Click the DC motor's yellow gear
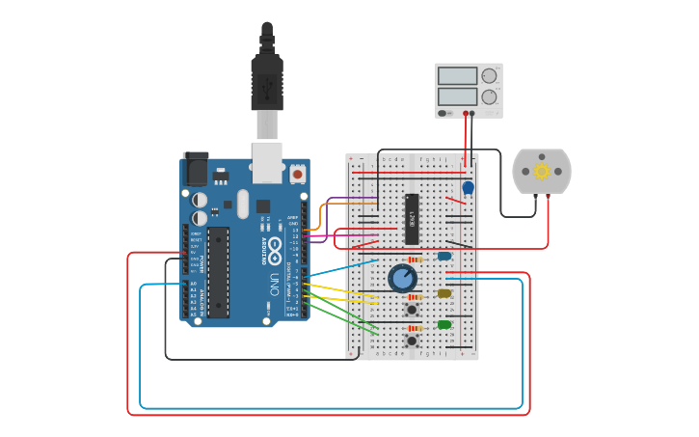542,172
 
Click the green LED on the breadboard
444,324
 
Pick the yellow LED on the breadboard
444,293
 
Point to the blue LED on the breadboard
444,256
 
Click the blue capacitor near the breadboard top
468,187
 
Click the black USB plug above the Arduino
267,82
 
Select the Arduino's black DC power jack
196,169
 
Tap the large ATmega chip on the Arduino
219,272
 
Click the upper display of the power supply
458,75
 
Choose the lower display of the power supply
458,96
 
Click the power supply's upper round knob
489,75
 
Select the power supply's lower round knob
489,96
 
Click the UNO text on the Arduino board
274,286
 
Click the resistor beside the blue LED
415,259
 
